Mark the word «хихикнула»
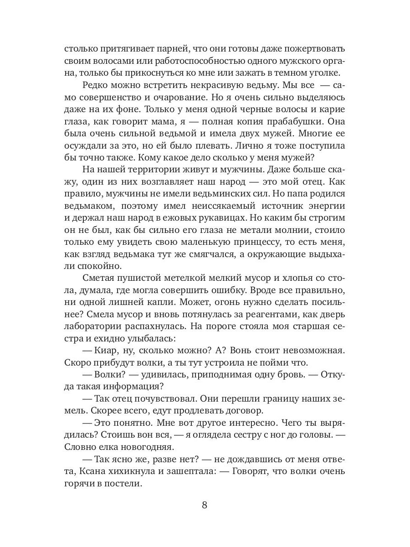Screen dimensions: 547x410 tap(129, 472)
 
